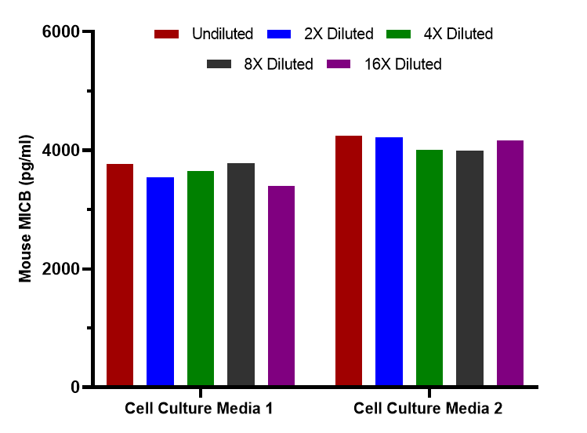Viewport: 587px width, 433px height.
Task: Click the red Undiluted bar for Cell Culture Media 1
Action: coord(120,275)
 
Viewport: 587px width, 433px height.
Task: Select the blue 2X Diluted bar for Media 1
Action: coord(160,282)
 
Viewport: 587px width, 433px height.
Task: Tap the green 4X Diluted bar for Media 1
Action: coord(201,278)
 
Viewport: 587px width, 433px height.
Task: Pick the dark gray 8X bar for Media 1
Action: coord(241,275)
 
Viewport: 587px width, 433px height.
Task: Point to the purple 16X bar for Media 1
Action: coord(281,286)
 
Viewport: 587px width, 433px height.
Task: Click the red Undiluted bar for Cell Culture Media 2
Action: coord(349,260)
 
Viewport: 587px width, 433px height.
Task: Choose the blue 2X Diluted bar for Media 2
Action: coord(389,261)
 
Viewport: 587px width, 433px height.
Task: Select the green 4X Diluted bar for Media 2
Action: coord(429,267)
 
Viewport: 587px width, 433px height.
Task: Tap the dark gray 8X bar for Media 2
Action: coord(469,267)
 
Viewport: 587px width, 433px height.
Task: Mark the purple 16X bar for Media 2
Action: coord(510,263)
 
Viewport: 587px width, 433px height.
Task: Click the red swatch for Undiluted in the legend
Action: coord(167,34)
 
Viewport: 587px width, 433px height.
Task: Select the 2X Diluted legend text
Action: coord(339,34)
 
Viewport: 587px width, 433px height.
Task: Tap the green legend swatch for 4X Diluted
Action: coord(398,34)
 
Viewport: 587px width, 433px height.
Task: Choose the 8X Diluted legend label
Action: coord(278,64)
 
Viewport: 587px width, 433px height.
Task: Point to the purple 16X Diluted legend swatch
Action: coord(339,64)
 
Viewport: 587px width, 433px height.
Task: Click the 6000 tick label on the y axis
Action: coord(61,32)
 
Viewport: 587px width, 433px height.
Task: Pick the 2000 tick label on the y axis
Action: coord(61,269)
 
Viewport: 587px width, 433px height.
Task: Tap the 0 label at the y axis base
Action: coord(75,387)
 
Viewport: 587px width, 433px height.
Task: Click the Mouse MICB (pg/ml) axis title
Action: coord(25,208)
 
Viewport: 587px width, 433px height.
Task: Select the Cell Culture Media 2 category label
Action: coord(428,409)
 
